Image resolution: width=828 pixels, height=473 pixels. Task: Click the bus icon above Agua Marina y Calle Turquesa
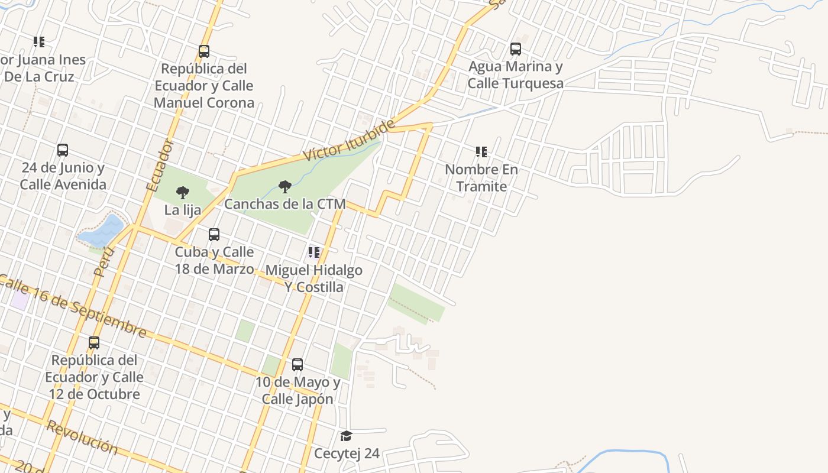516,48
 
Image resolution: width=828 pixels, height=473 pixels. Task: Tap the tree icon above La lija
183,192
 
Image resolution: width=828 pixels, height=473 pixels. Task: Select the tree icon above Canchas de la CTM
285,187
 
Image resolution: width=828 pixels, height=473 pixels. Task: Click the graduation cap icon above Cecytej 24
346,436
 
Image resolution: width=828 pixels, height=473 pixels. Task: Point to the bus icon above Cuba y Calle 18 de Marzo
214,235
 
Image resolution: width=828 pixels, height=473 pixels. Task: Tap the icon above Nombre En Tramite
481,152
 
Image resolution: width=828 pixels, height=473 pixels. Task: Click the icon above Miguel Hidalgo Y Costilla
313,253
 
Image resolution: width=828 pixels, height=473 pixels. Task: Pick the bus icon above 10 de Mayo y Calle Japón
297,365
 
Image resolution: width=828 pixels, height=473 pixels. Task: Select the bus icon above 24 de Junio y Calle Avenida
63,150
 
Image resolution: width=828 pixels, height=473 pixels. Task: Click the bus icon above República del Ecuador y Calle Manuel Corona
204,51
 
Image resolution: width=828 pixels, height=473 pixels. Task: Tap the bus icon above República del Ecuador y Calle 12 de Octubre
94,343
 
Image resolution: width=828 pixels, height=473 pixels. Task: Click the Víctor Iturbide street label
349,140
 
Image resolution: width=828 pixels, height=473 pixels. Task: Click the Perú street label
103,262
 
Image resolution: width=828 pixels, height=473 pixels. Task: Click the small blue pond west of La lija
101,231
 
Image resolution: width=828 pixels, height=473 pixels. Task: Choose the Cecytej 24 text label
347,454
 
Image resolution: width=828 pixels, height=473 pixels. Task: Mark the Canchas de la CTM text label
284,205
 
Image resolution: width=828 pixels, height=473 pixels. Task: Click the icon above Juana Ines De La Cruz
39,42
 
